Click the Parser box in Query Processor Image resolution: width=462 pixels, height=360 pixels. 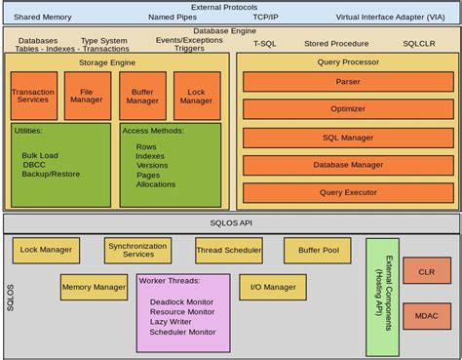coord(348,82)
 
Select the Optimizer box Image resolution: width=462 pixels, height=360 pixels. coord(348,110)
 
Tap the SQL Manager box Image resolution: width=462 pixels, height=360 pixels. coord(348,138)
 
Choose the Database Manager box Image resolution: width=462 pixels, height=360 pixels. coord(348,165)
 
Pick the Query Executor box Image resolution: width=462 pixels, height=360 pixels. coord(348,192)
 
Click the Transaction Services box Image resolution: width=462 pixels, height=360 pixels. coord(33,96)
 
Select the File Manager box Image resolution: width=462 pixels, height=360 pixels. coord(88,96)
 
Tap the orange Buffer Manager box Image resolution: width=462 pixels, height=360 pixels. coord(142,96)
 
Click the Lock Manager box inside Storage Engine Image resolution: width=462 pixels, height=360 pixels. coord(196,96)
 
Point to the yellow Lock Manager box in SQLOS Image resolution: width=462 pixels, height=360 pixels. coord(46,251)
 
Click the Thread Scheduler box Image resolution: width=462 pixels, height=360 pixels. coord(228,251)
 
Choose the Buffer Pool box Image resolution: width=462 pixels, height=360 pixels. coord(317,251)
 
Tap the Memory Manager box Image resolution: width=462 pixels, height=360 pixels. coord(94,287)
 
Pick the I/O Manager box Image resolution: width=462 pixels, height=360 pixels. coord(273,287)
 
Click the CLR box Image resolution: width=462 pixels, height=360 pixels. coord(426,274)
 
